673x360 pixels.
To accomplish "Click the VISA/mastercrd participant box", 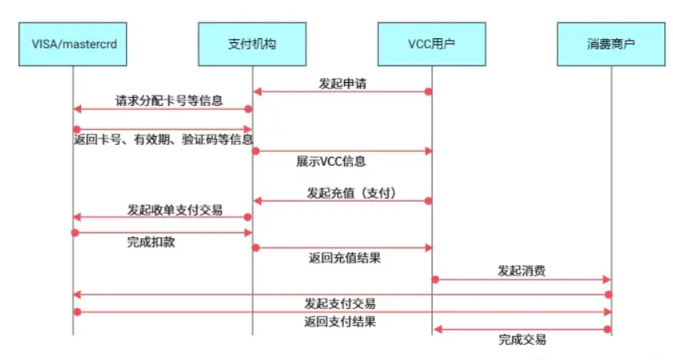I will pos(72,44).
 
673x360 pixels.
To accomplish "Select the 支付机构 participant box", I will pos(252,44).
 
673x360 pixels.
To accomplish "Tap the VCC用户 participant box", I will pos(432,44).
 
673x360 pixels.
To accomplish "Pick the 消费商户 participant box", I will pos(611,44).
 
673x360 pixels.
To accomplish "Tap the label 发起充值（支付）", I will pos(351,193).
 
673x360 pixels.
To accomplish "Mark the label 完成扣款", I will pos(151,241).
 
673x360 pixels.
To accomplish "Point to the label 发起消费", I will pos(522,272).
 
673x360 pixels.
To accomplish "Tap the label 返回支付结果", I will pos(340,322).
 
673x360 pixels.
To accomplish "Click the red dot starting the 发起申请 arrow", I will pos(428,92).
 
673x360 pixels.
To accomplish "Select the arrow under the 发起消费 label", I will pos(522,280).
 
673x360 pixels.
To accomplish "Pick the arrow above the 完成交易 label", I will pos(522,329).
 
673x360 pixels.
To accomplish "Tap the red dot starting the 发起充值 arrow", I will pos(428,201).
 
